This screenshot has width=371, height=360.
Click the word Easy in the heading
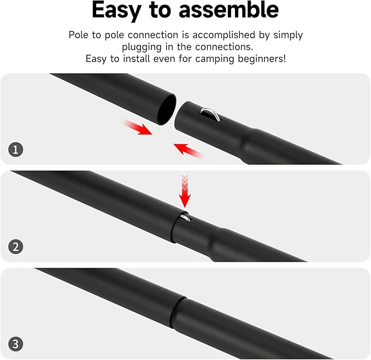pyautogui.click(x=121, y=10)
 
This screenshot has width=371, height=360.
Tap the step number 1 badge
pyautogui.click(x=16, y=149)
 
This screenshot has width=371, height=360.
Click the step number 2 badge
pyautogui.click(x=16, y=246)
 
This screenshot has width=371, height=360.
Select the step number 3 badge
pyautogui.click(x=16, y=344)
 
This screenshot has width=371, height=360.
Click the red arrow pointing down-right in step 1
pyautogui.click(x=137, y=129)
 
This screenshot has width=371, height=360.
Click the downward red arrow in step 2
pyautogui.click(x=185, y=190)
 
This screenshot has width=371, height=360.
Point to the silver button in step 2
pyautogui.click(x=186, y=218)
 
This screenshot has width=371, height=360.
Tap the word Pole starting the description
pyautogui.click(x=80, y=35)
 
